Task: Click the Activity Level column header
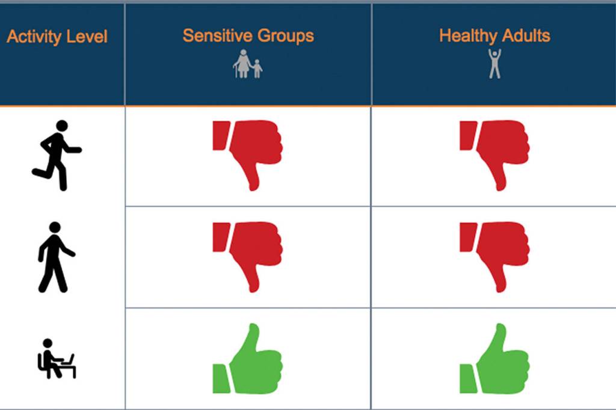57,37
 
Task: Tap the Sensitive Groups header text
248,35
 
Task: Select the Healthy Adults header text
494,35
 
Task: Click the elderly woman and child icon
247,64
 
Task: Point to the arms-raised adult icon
494,64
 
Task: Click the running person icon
57,156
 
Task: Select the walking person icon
56,257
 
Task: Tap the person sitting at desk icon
57,358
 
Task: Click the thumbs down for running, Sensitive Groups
247,156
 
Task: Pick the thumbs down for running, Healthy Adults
494,156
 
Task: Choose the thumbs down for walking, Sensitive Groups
247,257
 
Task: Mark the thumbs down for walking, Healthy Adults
494,257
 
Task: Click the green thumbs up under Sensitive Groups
247,358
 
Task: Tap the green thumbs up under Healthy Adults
494,358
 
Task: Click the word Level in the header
87,37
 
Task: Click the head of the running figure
62,126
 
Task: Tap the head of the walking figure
55,227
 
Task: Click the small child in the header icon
257,69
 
